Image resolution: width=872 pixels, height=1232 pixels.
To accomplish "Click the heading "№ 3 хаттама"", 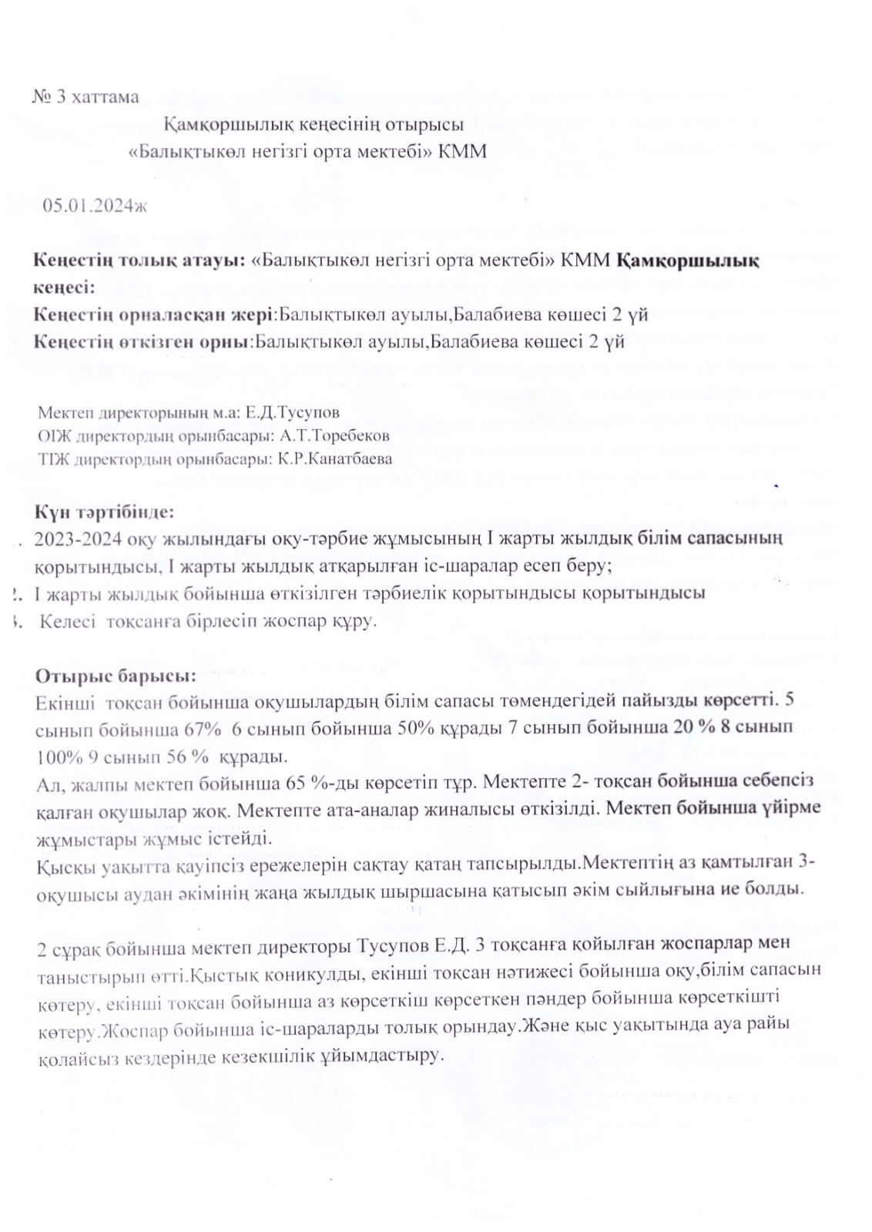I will [x=86, y=97].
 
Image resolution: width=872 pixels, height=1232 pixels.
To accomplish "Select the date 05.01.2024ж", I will [x=95, y=205].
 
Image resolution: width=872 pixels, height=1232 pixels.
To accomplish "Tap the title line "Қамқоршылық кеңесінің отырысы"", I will [x=314, y=124].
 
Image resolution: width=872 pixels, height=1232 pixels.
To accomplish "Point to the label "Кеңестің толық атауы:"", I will [x=140, y=261].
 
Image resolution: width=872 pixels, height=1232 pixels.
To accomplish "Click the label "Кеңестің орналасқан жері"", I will [x=153, y=314].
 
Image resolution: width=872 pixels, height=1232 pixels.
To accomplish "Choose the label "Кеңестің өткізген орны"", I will [x=143, y=341].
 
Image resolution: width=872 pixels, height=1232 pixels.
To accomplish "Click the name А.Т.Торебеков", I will [x=335, y=435].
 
